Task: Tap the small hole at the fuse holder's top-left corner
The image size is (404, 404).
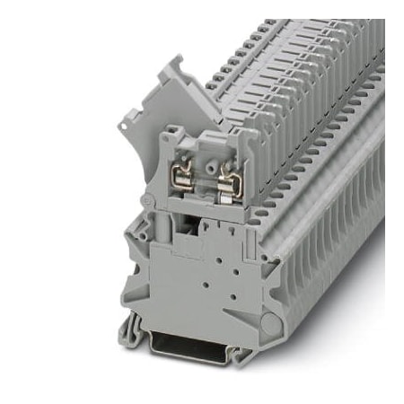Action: tap(171, 136)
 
